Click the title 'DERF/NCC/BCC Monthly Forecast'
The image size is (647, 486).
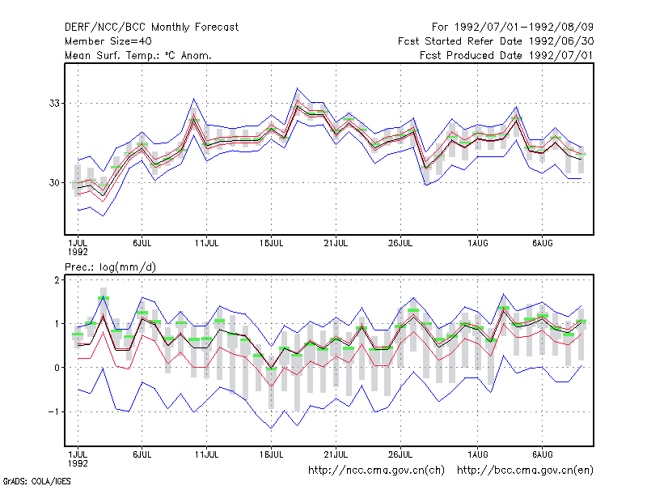(x=151, y=28)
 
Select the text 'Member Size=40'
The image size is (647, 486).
(x=108, y=41)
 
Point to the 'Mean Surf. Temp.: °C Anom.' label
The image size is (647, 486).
(x=137, y=55)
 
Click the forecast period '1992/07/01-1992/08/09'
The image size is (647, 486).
(x=524, y=28)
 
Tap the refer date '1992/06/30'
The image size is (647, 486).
(x=561, y=41)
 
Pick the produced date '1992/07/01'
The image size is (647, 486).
(x=561, y=55)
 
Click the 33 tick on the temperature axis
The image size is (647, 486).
(x=54, y=104)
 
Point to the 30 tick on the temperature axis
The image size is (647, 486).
(x=54, y=183)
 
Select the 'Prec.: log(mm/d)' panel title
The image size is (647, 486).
(x=111, y=267)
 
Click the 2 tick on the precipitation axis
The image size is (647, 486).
(x=57, y=280)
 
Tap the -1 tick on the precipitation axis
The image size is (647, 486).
(x=53, y=411)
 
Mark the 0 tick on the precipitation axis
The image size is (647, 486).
(x=57, y=368)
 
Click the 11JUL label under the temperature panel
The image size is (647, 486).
(x=206, y=244)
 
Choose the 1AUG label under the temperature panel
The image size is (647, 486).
(x=478, y=244)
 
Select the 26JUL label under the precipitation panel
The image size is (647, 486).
(x=400, y=455)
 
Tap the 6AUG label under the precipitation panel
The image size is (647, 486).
(x=542, y=455)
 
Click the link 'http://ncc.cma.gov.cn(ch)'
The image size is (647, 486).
(x=376, y=471)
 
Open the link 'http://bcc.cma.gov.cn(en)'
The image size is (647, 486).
(x=525, y=471)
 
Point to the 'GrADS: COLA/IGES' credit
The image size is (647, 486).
(x=36, y=481)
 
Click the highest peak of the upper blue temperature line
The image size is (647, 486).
(x=297, y=88)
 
